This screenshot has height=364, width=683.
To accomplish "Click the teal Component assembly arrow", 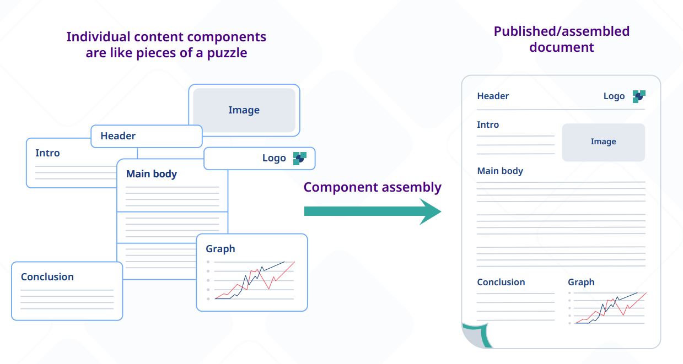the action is tap(373, 211).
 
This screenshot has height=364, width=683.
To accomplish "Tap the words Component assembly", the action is tap(372, 187).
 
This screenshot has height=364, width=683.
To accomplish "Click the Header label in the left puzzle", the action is tap(118, 136).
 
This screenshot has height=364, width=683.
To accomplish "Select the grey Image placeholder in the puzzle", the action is tap(244, 110).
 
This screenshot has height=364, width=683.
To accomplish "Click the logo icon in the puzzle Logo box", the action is tap(300, 159).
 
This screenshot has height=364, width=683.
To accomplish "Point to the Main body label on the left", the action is tap(152, 174).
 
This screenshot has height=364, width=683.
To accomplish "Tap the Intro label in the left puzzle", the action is tap(47, 153).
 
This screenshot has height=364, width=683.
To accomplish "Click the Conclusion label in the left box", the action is tap(47, 277).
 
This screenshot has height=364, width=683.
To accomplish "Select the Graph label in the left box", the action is tap(221, 249).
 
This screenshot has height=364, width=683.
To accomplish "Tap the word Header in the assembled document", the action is tap(493, 96).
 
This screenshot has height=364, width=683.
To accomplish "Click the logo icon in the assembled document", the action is tap(639, 96).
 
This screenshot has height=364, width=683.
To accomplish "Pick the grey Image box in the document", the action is tap(604, 142).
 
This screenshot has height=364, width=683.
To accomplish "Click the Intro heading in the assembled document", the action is tap(488, 125).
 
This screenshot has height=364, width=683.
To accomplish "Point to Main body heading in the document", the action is tap(500, 171).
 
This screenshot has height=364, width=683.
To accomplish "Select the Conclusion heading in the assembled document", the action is tap(501, 282).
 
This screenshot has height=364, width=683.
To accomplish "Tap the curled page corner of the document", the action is tap(476, 335).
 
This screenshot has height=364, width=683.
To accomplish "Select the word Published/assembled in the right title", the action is tap(562, 32).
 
